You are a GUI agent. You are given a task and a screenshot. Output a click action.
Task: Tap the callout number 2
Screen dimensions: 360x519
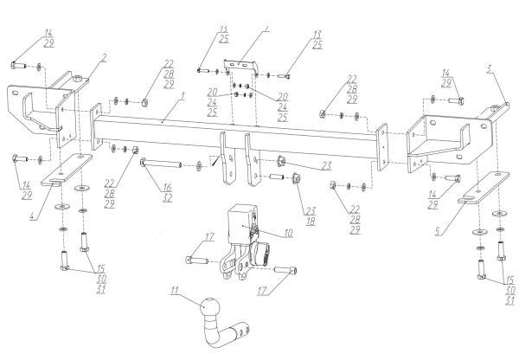coord(103,58)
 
